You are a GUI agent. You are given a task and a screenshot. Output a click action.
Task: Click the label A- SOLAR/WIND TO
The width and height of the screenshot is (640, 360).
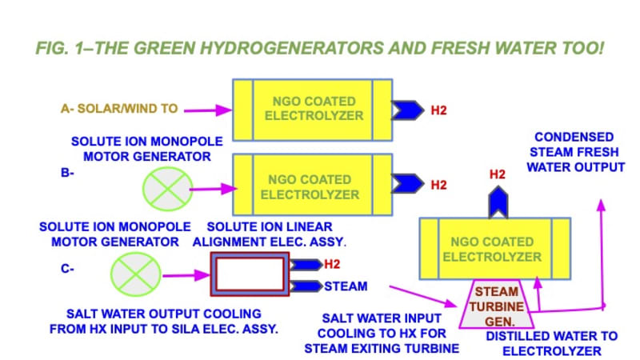[118, 108]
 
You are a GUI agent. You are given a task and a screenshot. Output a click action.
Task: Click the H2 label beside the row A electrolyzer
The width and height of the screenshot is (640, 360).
[438, 110]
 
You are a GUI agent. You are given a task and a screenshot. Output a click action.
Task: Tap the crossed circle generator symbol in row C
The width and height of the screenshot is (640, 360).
[135, 270]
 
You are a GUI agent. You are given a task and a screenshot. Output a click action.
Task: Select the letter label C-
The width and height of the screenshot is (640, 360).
[68, 269]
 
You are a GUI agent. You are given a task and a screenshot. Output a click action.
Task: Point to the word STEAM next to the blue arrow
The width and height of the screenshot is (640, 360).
[346, 286]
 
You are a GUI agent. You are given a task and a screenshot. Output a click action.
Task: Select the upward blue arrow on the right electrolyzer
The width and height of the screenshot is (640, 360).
[497, 202]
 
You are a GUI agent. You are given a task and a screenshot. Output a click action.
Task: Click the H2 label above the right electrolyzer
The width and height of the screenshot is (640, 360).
[498, 174]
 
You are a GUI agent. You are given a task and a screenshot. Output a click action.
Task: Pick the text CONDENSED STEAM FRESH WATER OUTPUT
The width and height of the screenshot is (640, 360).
[574, 152]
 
